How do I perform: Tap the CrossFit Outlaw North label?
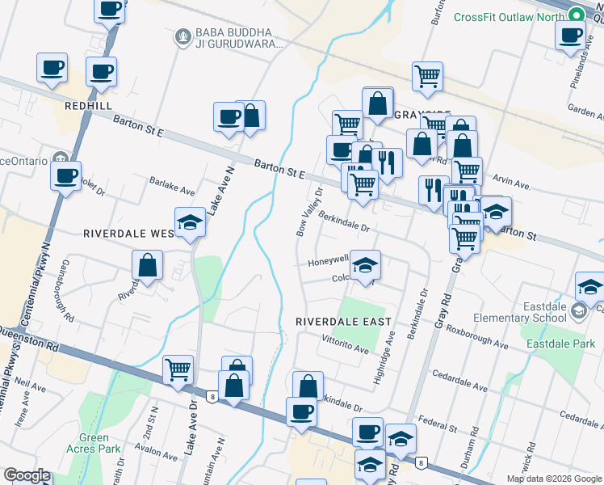tap(509, 17)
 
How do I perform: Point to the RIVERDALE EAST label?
tap(343, 321)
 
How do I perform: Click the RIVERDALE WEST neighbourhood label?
tap(129, 233)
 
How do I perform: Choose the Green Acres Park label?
tap(94, 444)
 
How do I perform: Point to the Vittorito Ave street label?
tap(344, 346)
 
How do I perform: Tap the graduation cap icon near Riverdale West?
tap(190, 223)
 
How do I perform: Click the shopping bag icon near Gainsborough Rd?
tap(147, 265)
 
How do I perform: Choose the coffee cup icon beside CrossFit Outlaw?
tap(571, 35)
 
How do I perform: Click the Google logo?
tap(27, 475)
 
